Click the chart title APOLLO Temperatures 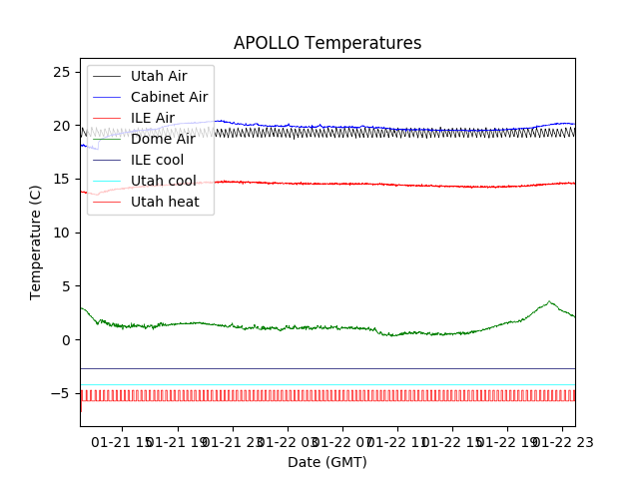(x=327, y=44)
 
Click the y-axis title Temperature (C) (x=36, y=242)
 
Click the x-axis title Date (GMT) (x=327, y=462)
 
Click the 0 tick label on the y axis (x=68, y=339)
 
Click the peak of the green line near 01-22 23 (x=549, y=301)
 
